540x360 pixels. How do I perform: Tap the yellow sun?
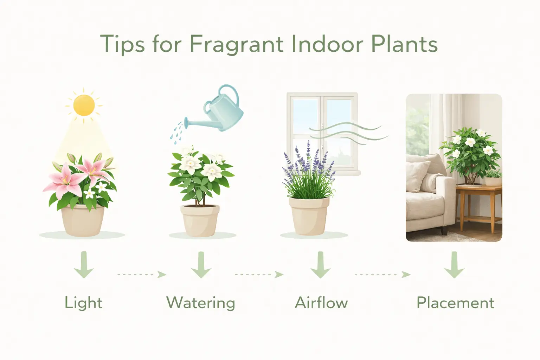click(x=84, y=105)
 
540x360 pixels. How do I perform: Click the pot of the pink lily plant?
click(x=83, y=221)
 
